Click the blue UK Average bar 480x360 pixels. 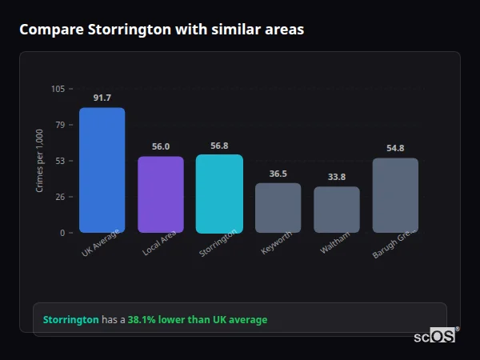[102, 170]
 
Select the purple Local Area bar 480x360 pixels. [161, 194]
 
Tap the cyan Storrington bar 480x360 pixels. [219, 194]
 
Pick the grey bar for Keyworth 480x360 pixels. [278, 208]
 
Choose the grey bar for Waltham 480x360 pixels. [337, 210]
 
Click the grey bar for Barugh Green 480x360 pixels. [395, 195]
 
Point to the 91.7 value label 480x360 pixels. [102, 98]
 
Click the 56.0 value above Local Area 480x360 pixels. [161, 146]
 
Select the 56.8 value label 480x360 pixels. [219, 146]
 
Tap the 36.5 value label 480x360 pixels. [278, 174]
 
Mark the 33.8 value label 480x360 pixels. [337, 177]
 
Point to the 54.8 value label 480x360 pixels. [395, 148]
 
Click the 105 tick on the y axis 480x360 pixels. [58, 89]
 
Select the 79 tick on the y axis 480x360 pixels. [60, 125]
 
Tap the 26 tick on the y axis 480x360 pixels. [60, 197]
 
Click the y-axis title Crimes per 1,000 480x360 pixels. [40, 160]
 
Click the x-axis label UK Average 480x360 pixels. [101, 242]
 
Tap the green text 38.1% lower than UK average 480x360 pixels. [198, 319]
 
